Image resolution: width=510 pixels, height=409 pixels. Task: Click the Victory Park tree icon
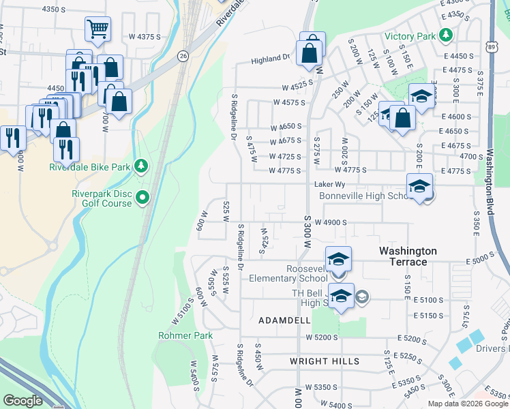(x=445, y=34)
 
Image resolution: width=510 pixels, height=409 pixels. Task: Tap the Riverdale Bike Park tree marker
(x=141, y=166)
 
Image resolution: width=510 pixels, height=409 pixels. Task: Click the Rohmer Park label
(x=185, y=335)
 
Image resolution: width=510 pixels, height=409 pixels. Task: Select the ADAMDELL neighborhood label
(x=284, y=320)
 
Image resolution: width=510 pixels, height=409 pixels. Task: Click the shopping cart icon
(x=97, y=29)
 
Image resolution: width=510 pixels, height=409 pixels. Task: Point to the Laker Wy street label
(x=327, y=184)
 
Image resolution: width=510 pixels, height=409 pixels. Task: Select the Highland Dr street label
(x=271, y=59)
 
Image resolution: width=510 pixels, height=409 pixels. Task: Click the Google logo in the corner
(x=22, y=401)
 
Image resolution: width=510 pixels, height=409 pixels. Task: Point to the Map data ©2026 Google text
(x=467, y=404)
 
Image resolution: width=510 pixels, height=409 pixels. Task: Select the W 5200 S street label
(x=322, y=337)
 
